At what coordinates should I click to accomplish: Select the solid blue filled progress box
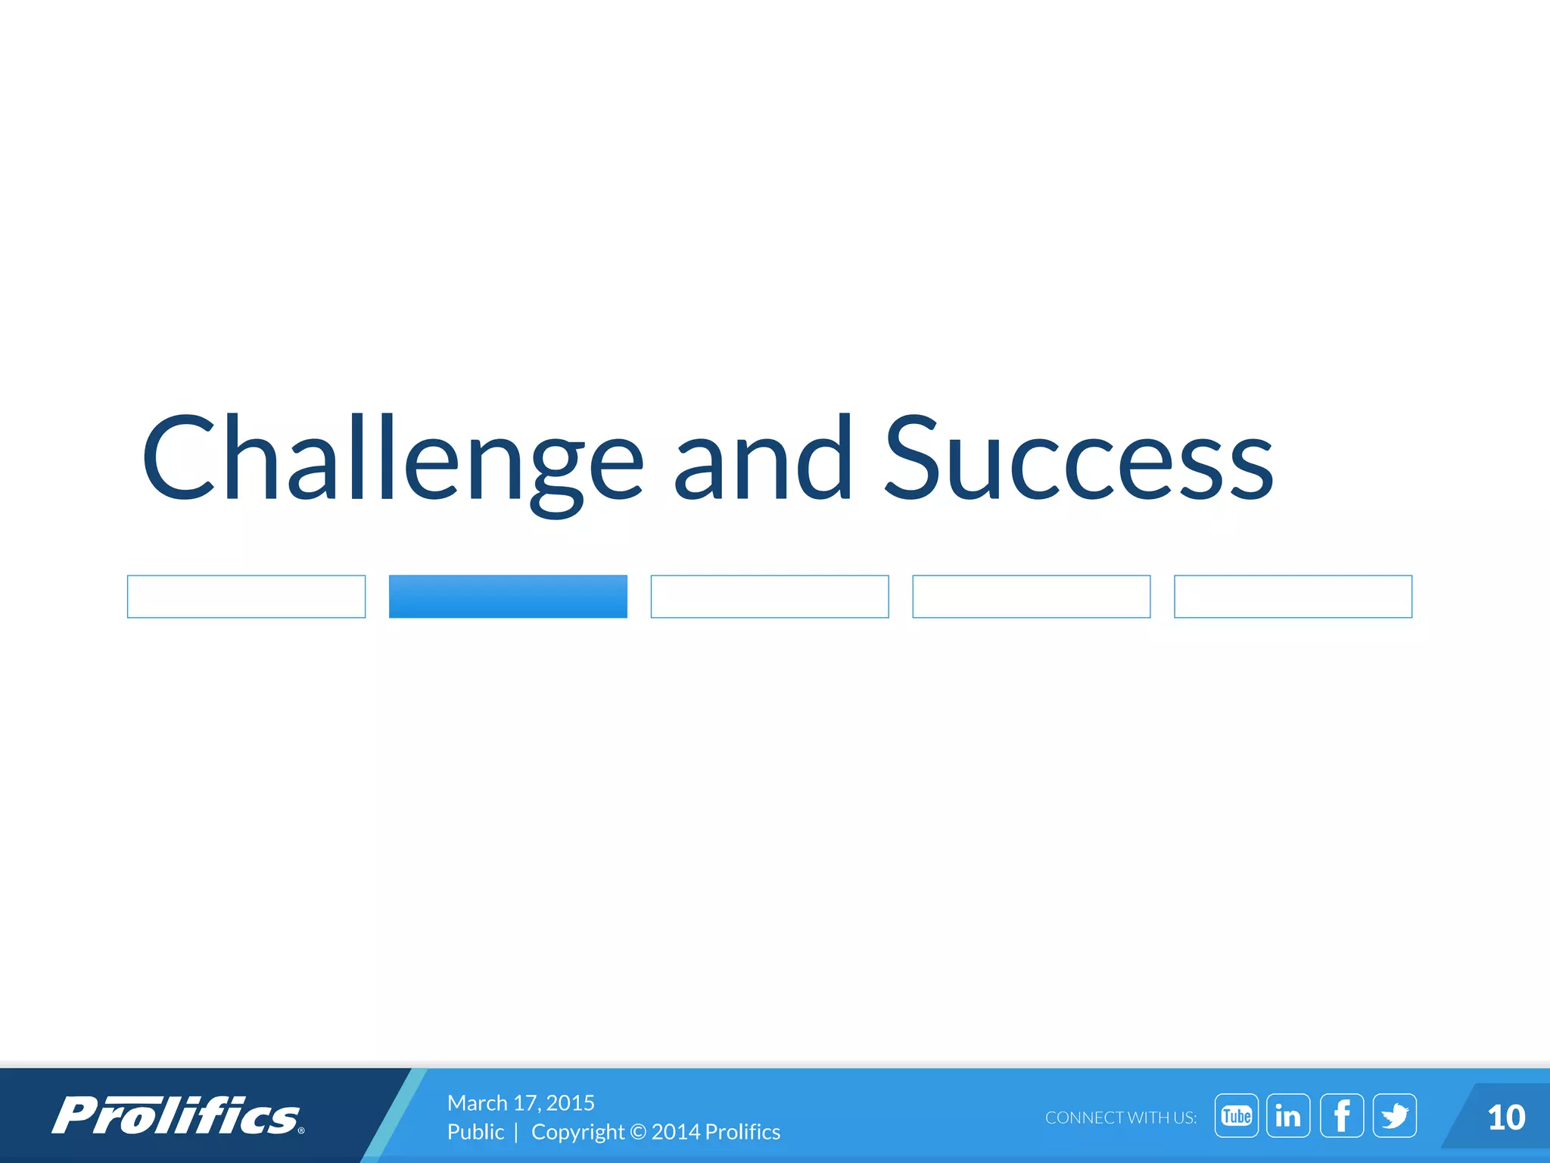(x=508, y=597)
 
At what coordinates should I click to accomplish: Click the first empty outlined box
(x=246, y=597)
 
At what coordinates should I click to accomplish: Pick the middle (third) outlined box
(x=770, y=597)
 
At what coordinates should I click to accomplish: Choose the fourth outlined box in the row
(x=1031, y=597)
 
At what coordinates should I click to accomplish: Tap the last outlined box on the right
(x=1293, y=597)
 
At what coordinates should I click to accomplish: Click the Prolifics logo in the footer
(x=178, y=1116)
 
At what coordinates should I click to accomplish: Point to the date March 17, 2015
(x=521, y=1102)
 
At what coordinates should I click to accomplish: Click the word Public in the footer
(x=475, y=1132)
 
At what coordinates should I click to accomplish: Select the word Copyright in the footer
(x=577, y=1132)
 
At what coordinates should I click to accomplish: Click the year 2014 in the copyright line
(x=675, y=1132)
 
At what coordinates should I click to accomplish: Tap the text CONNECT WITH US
(x=1121, y=1118)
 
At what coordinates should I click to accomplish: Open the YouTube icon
(x=1237, y=1116)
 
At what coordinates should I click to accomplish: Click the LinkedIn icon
(x=1288, y=1116)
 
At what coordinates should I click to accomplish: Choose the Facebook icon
(x=1342, y=1116)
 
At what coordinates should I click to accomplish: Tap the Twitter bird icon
(x=1395, y=1116)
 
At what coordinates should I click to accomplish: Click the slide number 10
(x=1506, y=1118)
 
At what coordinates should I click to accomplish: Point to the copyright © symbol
(x=638, y=1132)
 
